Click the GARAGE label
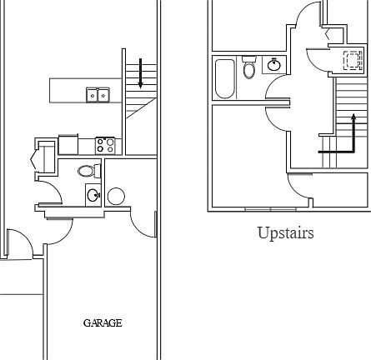click(103, 323)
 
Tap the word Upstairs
click(286, 233)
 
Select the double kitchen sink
click(98, 95)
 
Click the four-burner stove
click(105, 146)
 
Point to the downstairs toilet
click(89, 171)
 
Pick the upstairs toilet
click(249, 67)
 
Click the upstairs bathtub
click(225, 78)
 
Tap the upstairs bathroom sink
click(274, 65)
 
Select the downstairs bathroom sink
click(93, 195)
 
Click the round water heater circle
click(116, 197)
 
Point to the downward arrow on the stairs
click(140, 73)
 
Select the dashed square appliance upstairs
click(353, 60)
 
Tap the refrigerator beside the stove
click(68, 144)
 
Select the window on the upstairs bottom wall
click(270, 208)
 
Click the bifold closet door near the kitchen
click(33, 159)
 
